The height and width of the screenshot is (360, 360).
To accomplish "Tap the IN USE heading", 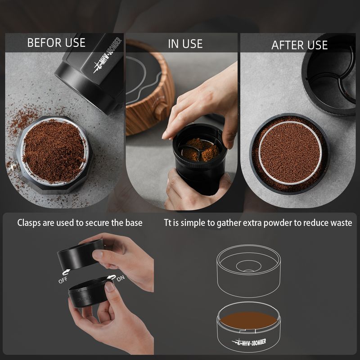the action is pyautogui.click(x=185, y=44).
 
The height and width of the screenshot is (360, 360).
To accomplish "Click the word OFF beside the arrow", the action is pyautogui.click(x=63, y=280).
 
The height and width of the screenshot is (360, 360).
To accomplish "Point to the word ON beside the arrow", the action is pyautogui.click(x=121, y=278).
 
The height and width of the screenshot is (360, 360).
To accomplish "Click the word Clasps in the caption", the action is pyautogui.click(x=29, y=223).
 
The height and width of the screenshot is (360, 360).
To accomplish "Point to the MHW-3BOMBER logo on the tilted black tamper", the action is pyautogui.click(x=108, y=55).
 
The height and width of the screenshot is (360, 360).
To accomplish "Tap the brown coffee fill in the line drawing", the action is pyautogui.click(x=249, y=320).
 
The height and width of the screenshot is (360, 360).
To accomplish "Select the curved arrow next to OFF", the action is pyautogui.click(x=67, y=273).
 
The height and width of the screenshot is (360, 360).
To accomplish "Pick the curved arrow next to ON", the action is pyautogui.click(x=112, y=277).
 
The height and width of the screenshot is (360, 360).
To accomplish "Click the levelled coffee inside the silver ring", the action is pyautogui.click(x=290, y=153).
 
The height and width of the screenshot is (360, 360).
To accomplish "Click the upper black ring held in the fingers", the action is pyautogui.click(x=79, y=255).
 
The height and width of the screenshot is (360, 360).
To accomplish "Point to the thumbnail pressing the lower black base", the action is pyautogui.click(x=110, y=287).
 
